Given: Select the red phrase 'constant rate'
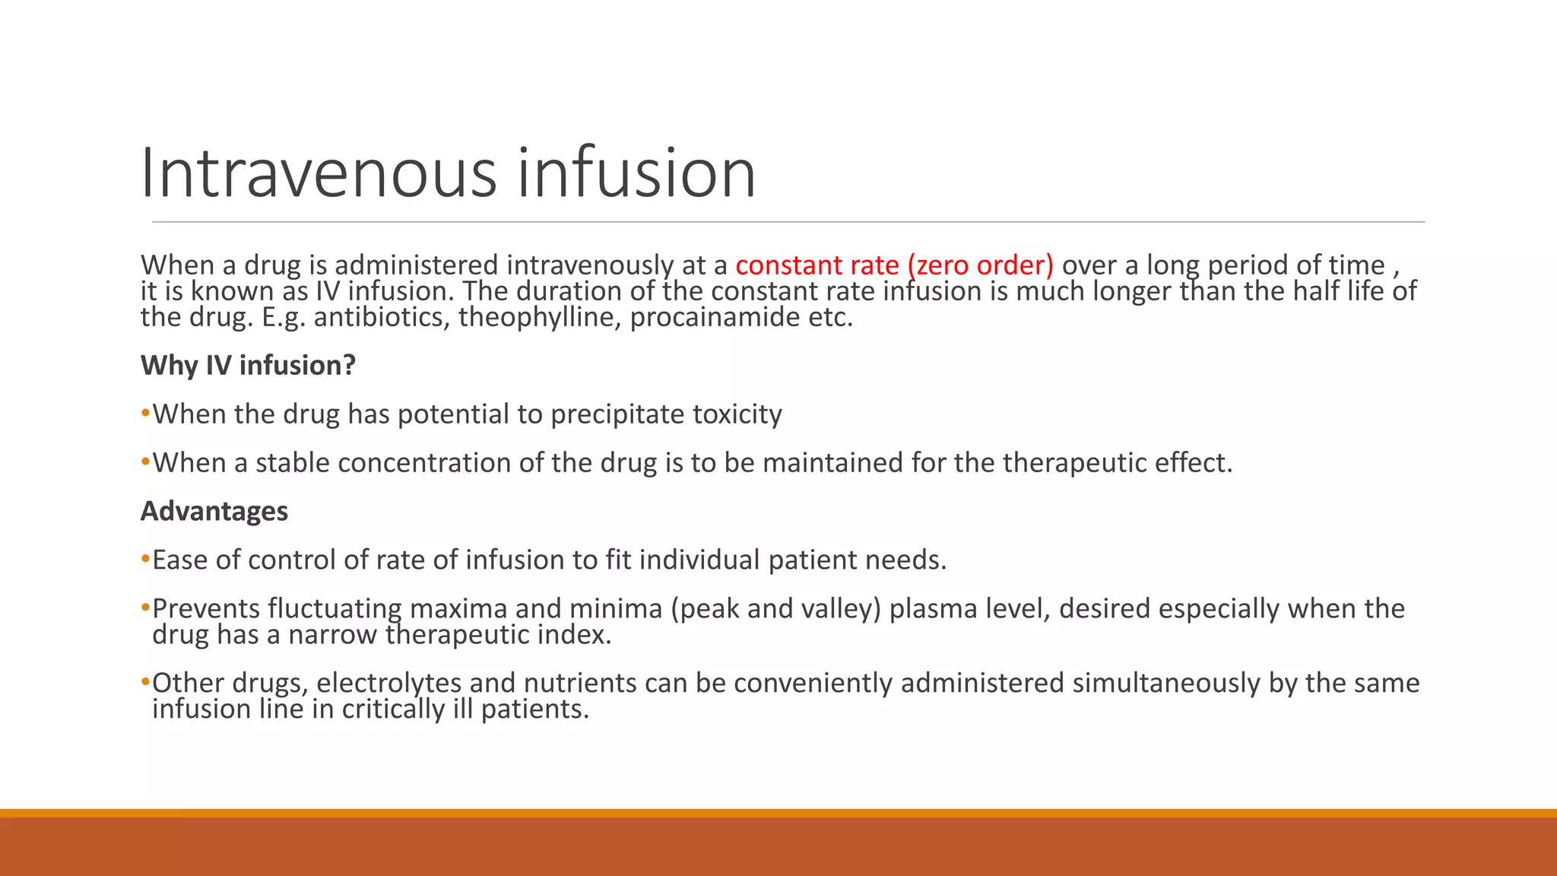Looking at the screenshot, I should point(817,265).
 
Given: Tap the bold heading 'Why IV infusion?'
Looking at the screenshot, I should point(248,366).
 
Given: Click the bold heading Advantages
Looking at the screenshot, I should point(214,512).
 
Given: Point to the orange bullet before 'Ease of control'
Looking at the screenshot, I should point(145,560).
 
